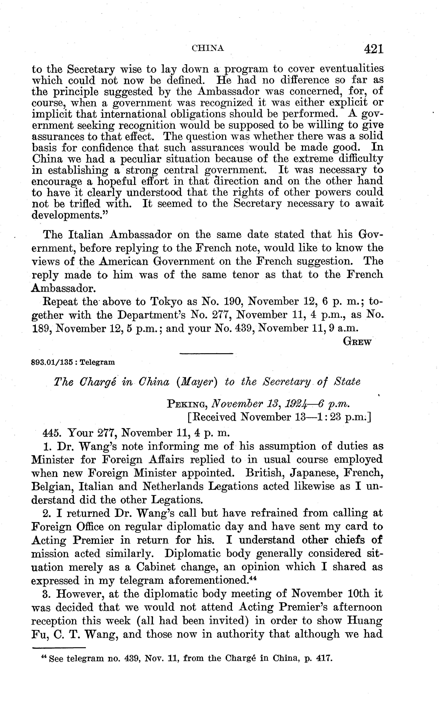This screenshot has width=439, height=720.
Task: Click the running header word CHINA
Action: (x=208, y=48)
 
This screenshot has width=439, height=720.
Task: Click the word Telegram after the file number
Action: (x=97, y=363)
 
